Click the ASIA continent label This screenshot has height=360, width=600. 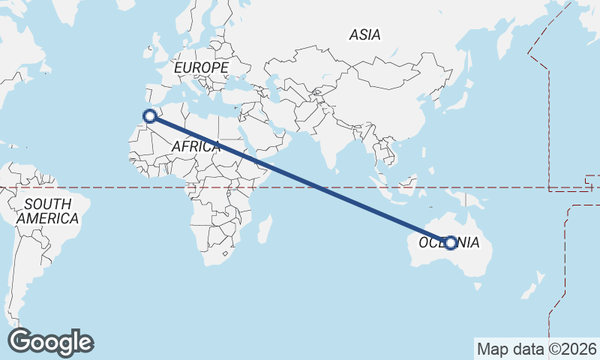point(364,34)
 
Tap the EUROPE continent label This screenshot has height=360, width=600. point(201,68)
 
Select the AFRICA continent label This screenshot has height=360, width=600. point(196,147)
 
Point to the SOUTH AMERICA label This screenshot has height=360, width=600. point(48,211)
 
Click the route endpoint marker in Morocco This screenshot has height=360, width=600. point(150,116)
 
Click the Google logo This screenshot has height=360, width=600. point(50,342)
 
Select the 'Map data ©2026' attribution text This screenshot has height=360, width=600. point(537,349)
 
